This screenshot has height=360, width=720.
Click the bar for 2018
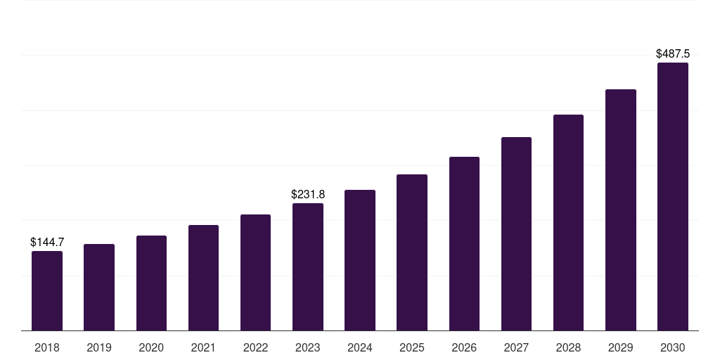pyautogui.click(x=47, y=290)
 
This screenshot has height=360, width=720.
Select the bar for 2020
pyautogui.click(x=151, y=283)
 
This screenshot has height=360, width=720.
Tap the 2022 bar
pyautogui.click(x=255, y=272)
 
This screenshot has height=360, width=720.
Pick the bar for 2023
pyautogui.click(x=308, y=266)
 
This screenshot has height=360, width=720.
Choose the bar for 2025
pyautogui.click(x=412, y=252)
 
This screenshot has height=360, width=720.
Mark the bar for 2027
pyautogui.click(x=516, y=233)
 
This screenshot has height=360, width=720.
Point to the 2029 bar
pyautogui.click(x=620, y=210)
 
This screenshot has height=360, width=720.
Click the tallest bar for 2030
pyautogui.click(x=673, y=197)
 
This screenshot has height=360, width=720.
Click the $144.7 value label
pyautogui.click(x=47, y=242)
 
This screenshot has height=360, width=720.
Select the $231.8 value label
pyautogui.click(x=308, y=194)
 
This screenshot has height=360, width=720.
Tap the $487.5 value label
pyautogui.click(x=673, y=53)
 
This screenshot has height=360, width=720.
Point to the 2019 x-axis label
pyautogui.click(x=99, y=347)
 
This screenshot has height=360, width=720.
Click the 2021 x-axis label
pyautogui.click(x=203, y=347)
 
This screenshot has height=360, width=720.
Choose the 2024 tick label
pyautogui.click(x=360, y=347)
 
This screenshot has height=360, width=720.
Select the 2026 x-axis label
pyautogui.click(x=464, y=347)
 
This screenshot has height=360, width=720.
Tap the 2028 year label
pyautogui.click(x=568, y=347)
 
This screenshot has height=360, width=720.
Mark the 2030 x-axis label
pyautogui.click(x=673, y=347)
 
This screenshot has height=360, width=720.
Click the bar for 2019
pyautogui.click(x=99, y=288)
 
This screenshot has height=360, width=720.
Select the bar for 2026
pyautogui.click(x=464, y=244)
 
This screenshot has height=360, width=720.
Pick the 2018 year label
pyautogui.click(x=47, y=347)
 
